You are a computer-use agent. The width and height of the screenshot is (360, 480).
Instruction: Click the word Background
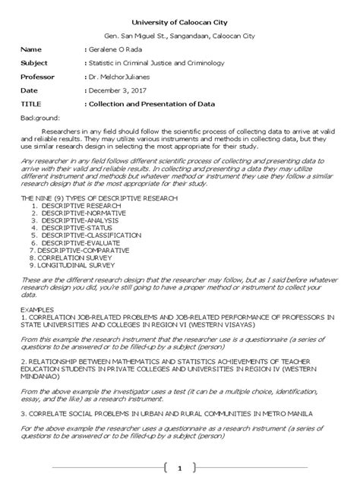click(x=40, y=118)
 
